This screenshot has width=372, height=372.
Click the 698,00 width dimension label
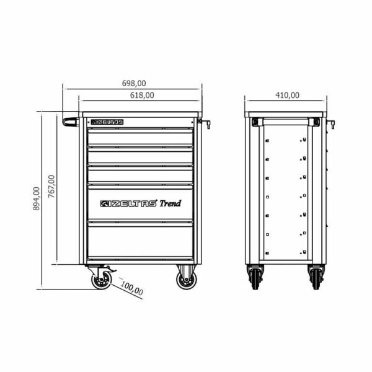point(134,83)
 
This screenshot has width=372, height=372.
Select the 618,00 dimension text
point(142,95)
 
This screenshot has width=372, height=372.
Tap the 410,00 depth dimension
point(287,95)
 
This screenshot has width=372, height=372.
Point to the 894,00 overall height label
point(37,198)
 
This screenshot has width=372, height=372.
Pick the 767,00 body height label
point(51,187)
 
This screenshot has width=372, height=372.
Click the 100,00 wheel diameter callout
point(132,288)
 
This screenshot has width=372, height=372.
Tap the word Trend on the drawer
point(170,203)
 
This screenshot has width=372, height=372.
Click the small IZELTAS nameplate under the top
point(107,122)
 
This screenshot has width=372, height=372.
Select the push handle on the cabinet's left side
point(71,122)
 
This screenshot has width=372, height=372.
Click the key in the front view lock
point(206,123)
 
